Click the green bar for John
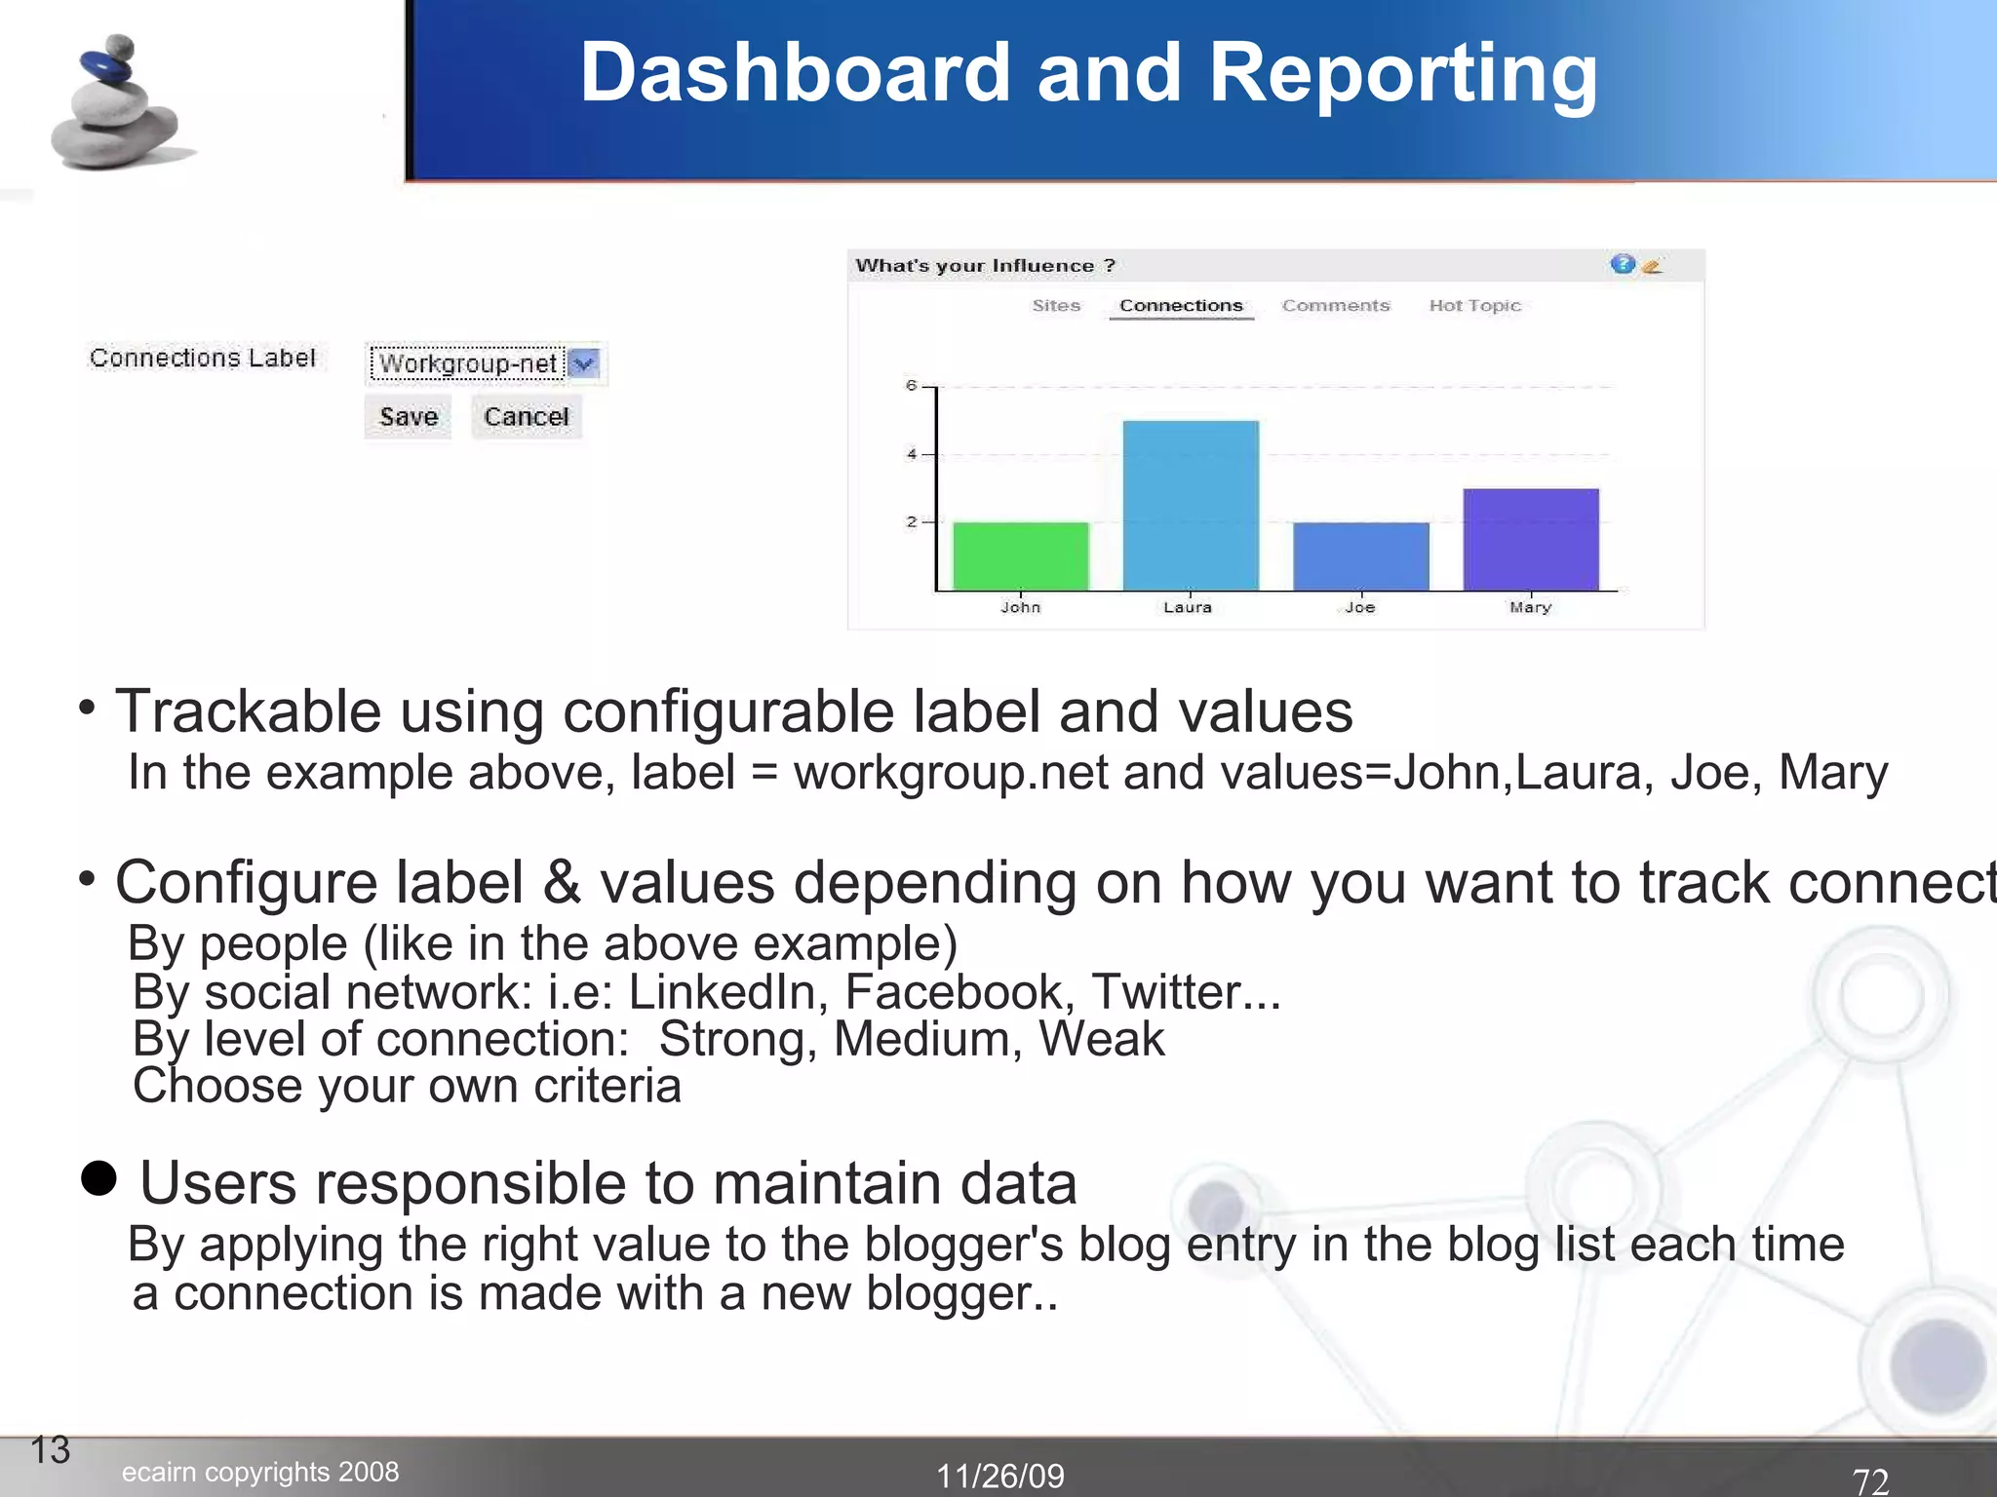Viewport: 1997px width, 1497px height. click(x=1020, y=556)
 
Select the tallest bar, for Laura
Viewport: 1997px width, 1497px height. click(x=1191, y=505)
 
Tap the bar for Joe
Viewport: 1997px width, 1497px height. click(x=1360, y=556)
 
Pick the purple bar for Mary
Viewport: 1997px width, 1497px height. click(x=1530, y=539)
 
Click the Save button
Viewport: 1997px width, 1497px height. click(x=408, y=417)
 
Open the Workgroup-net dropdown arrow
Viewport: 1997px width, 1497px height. click(x=584, y=364)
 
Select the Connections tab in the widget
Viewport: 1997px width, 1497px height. click(x=1181, y=306)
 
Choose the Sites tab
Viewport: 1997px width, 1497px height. click(x=1056, y=306)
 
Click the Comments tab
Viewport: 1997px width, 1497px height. click(x=1335, y=306)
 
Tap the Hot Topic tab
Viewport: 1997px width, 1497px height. click(x=1474, y=306)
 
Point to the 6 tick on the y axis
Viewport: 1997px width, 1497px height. click(x=912, y=386)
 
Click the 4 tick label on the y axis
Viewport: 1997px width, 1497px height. click(x=912, y=454)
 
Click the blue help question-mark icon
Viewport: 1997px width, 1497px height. click(x=1622, y=264)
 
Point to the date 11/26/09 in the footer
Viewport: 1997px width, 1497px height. click(x=1000, y=1476)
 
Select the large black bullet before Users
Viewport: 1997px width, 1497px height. click(x=98, y=1178)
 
